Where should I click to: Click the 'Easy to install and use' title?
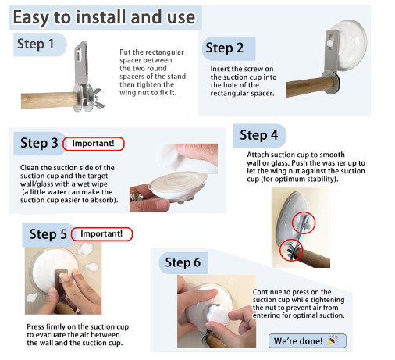[x=104, y=17]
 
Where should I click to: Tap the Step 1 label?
[x=36, y=44]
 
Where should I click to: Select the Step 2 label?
[x=225, y=48]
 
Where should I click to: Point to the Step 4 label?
[x=259, y=135]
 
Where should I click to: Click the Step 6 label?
[x=183, y=262]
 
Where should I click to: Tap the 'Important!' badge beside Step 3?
[x=94, y=144]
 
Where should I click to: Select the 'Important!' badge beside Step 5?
[x=101, y=233]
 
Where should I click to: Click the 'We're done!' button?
[x=308, y=340]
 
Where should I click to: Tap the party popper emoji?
[x=333, y=340]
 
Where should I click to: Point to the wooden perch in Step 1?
[x=49, y=100]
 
